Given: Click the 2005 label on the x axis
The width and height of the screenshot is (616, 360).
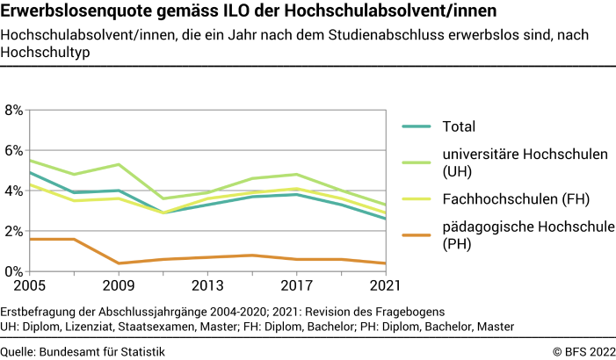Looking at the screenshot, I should point(29,287).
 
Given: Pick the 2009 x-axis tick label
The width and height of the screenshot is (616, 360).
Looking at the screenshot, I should point(118,287).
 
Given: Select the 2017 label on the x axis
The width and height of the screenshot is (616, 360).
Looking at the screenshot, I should point(296,287).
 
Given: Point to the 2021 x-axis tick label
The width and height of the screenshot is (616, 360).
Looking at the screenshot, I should point(383,287).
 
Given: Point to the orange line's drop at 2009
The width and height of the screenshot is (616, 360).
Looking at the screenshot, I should point(118,263).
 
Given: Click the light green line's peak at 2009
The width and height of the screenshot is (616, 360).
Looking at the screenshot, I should point(118,164).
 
